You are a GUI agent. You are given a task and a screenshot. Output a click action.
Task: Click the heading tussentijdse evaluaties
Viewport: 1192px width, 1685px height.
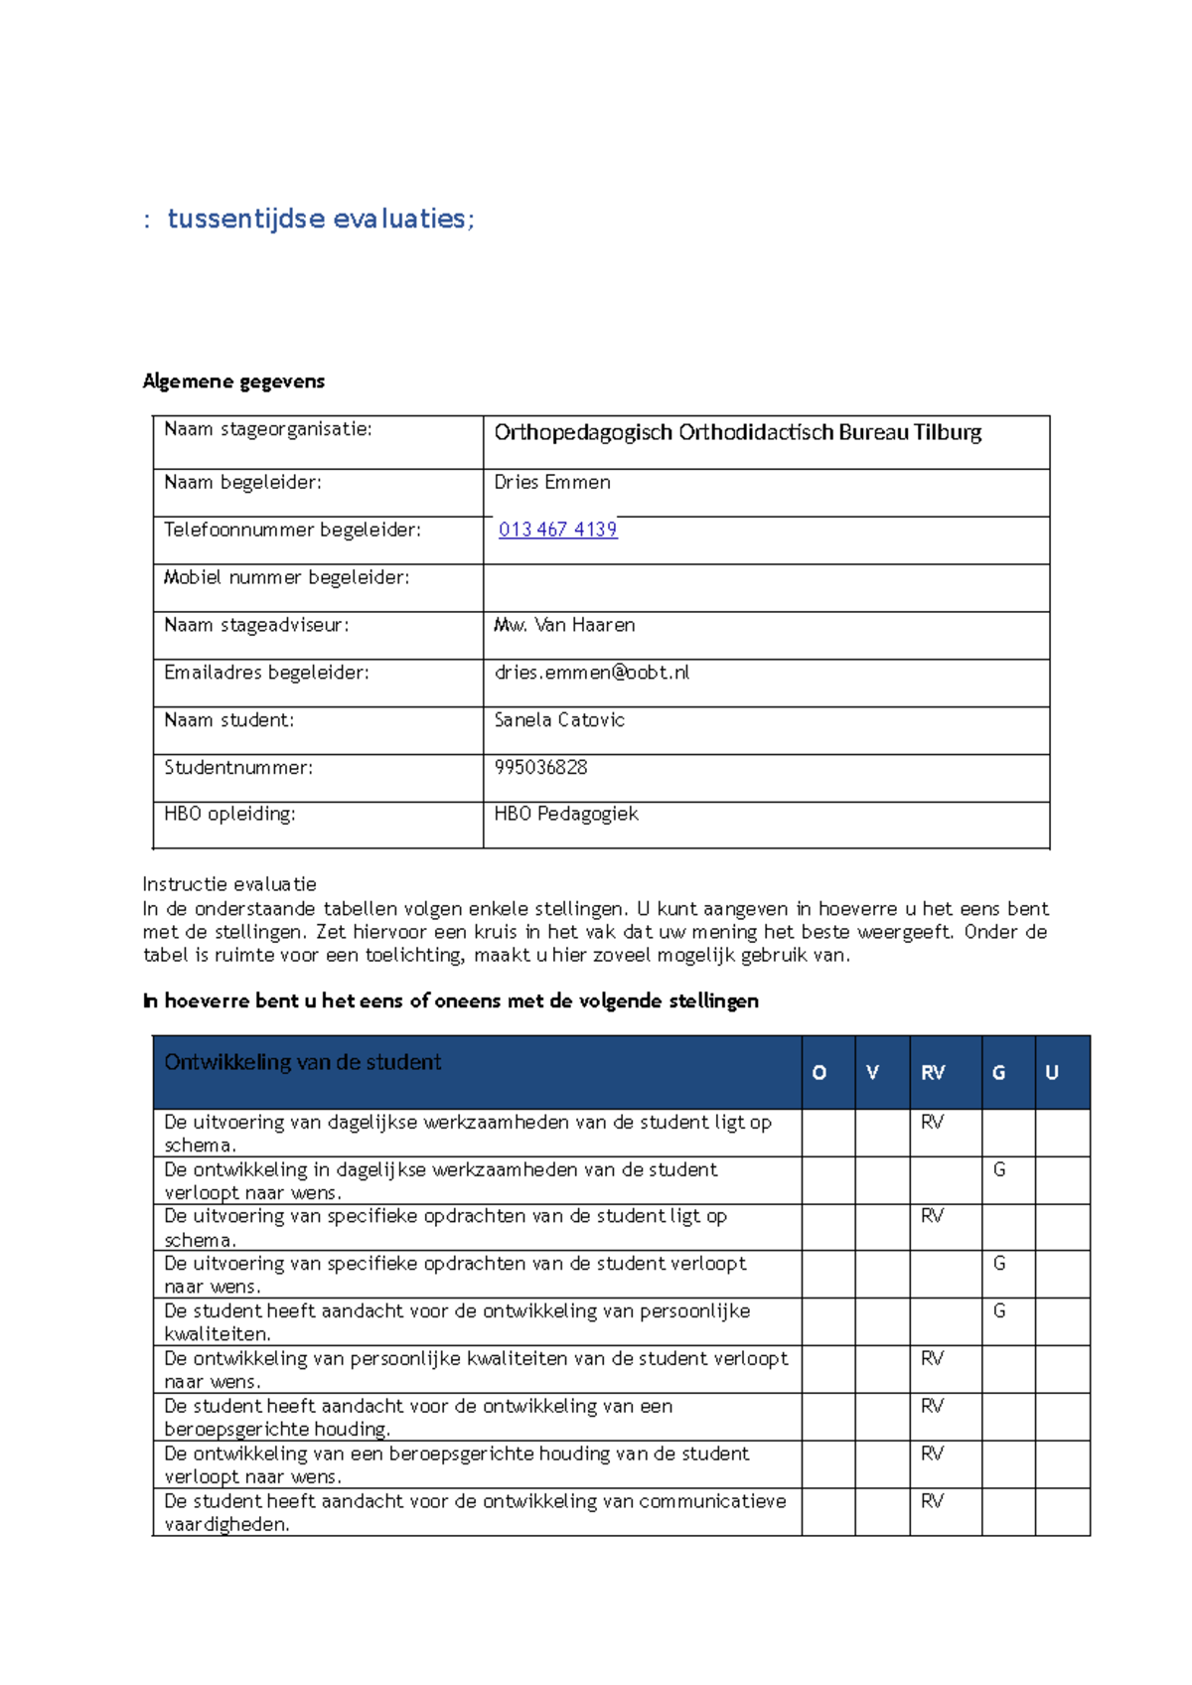coord(320,219)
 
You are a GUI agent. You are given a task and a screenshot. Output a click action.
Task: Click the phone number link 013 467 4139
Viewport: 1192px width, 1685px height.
coord(557,530)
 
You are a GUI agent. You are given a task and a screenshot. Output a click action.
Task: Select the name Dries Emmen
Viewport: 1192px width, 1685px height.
coord(552,482)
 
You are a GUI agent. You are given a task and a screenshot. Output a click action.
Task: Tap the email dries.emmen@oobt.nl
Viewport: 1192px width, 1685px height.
coord(591,673)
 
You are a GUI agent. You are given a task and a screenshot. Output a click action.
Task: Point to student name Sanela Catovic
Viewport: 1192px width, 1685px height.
coord(559,720)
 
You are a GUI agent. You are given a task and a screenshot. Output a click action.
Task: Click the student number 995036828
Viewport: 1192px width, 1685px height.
coord(540,767)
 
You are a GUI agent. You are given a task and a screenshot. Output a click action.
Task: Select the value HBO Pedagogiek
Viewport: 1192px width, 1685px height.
coord(566,814)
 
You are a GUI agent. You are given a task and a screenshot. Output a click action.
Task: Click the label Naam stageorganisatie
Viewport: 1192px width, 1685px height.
coord(267,429)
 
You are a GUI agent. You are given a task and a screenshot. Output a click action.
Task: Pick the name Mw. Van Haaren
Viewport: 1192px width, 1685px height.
coord(564,625)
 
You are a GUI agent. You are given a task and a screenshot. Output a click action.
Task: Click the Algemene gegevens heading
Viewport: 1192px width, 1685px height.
coord(233,382)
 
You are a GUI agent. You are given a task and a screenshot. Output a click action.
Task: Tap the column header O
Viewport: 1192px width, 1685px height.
coord(819,1073)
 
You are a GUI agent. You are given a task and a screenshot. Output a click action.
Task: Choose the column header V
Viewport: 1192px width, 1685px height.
coord(872,1073)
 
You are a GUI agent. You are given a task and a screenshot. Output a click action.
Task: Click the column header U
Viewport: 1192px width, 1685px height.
coord(1051,1073)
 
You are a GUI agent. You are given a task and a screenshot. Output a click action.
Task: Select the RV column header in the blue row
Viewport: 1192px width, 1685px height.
coord(933,1073)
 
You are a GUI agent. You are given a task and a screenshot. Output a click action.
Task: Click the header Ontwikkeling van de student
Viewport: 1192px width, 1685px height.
coord(302,1062)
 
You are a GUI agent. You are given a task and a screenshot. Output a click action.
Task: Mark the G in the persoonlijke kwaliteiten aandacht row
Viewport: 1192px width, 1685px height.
coord(999,1311)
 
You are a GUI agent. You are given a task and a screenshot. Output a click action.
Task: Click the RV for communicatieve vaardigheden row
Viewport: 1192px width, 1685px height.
coord(932,1501)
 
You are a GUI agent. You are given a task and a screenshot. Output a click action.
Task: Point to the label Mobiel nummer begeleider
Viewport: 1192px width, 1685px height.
coord(286,577)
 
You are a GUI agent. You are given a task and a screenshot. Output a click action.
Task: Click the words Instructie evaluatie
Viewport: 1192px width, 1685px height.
coord(229,884)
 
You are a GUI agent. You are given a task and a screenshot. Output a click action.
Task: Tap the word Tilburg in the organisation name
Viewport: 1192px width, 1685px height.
coord(948,432)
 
